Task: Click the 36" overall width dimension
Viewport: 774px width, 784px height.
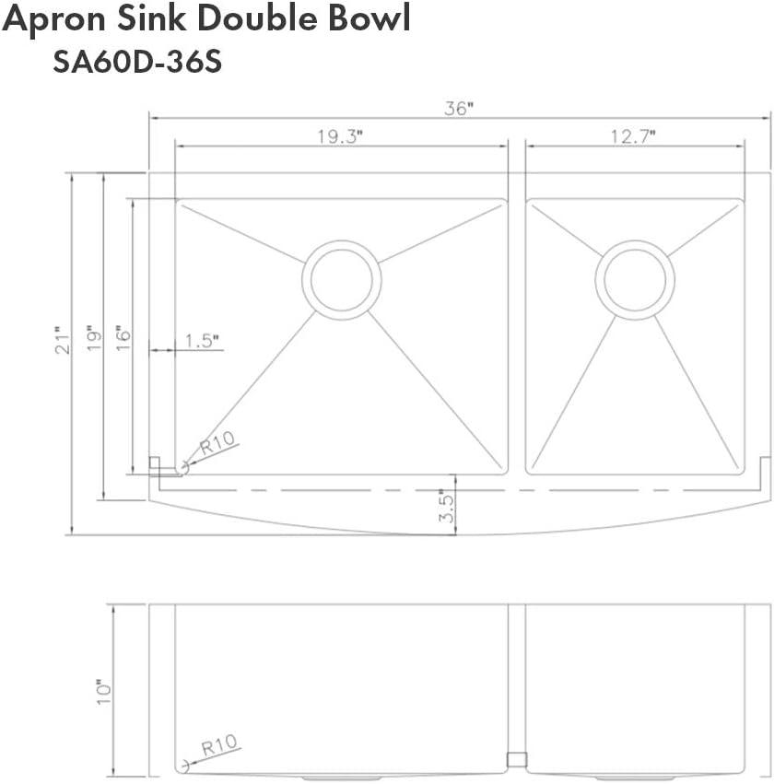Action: (x=457, y=108)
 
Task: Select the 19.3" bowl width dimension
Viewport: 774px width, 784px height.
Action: (x=341, y=136)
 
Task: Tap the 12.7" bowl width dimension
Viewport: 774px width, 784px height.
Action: (x=632, y=136)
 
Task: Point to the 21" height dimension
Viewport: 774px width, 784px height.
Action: (x=62, y=340)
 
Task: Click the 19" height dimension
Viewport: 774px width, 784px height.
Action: (x=93, y=339)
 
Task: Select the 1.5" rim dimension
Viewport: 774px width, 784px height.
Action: (x=202, y=341)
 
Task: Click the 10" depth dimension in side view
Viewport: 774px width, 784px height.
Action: (x=103, y=691)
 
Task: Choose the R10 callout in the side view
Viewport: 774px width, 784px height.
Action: (x=219, y=743)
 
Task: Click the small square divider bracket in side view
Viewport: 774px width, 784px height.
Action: (x=516, y=759)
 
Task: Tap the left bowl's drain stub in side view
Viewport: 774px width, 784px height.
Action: (x=340, y=777)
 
